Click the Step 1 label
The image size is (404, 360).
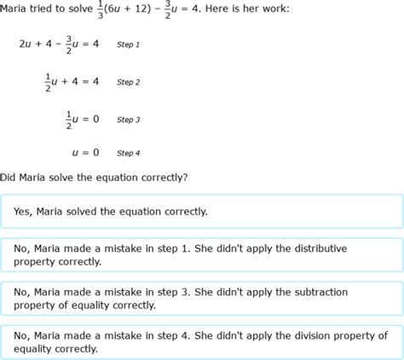(128, 44)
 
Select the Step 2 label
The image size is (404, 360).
(128, 82)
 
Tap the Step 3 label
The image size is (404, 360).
(128, 119)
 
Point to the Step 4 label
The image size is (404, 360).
(128, 153)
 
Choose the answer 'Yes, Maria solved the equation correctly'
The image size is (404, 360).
(201, 211)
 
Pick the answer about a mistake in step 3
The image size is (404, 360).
(201, 299)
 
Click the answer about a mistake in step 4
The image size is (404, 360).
(201, 341)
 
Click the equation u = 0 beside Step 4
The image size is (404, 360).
(85, 153)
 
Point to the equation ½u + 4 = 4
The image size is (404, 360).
(72, 82)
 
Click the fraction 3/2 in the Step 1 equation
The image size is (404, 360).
(68, 44)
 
